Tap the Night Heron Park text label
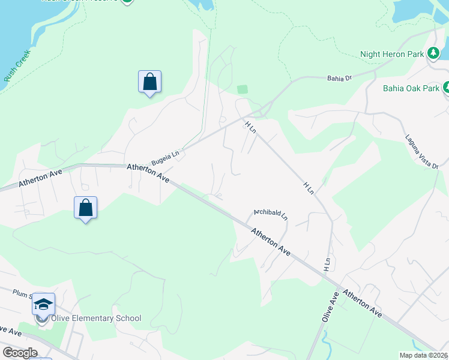(391, 54)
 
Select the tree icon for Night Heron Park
(433, 53)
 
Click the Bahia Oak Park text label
(411, 89)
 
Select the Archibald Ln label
(270, 213)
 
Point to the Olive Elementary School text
(96, 318)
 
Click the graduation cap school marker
(43, 304)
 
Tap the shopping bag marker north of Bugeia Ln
(149, 82)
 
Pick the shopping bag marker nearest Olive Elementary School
(86, 208)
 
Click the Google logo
(20, 353)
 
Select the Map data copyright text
(424, 355)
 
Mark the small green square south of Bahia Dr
(242, 89)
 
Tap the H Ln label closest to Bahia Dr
(250, 127)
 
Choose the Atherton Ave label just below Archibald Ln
(271, 242)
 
